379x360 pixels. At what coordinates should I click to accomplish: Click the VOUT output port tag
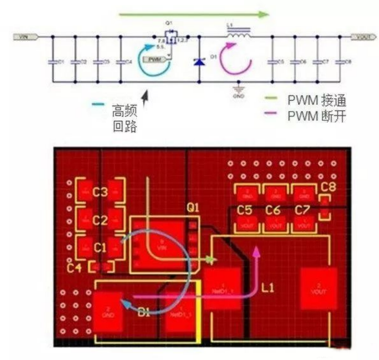pos(360,37)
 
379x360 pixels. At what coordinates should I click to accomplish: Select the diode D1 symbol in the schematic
pos(199,61)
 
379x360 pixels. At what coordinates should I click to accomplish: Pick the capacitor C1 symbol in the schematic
pos(52,61)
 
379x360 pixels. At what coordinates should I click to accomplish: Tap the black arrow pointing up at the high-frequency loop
pos(147,97)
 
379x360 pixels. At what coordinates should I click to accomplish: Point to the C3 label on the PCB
pos(100,192)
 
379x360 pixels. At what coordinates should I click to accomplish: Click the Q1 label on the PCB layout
pos(193,209)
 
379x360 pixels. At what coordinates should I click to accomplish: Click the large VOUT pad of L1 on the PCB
pos(318,288)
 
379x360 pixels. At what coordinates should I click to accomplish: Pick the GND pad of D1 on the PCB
pos(108,310)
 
